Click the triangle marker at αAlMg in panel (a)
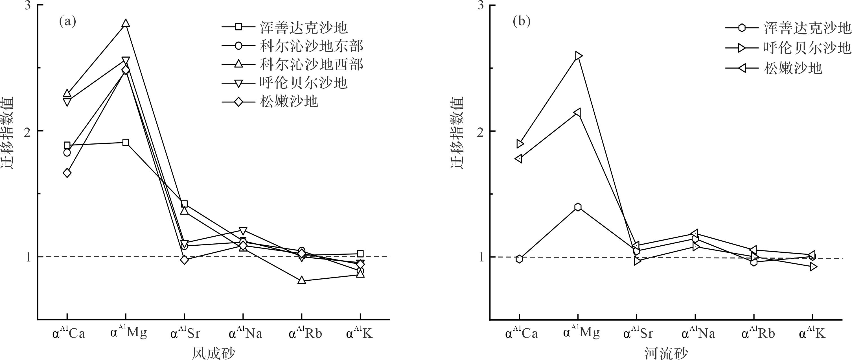point(126,23)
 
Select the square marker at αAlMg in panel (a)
point(126,142)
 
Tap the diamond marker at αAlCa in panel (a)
point(67,173)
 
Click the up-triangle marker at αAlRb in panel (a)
point(302,280)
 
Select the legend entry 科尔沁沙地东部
point(311,46)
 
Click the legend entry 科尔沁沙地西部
point(311,64)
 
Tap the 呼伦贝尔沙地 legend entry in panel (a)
point(303,82)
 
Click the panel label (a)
point(67,21)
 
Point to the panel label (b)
point(521,21)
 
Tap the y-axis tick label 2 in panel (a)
point(29,131)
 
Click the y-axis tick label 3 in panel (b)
point(481,6)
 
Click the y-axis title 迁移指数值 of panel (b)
point(458,132)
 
